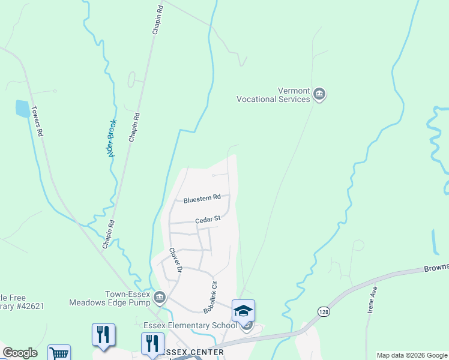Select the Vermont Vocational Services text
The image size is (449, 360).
[273, 95]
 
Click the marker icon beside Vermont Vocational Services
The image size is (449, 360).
[319, 94]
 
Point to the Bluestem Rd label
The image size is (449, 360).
[202, 197]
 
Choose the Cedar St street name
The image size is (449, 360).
[208, 220]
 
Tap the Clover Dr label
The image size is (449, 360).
[175, 260]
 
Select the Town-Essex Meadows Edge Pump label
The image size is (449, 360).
[111, 298]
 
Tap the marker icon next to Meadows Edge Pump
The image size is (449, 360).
[160, 297]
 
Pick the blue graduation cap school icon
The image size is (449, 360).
[243, 311]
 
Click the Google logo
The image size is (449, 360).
[20, 353]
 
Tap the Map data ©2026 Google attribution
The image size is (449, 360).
[412, 355]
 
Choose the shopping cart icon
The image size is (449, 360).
[59, 354]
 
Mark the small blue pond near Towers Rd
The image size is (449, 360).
[22, 109]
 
